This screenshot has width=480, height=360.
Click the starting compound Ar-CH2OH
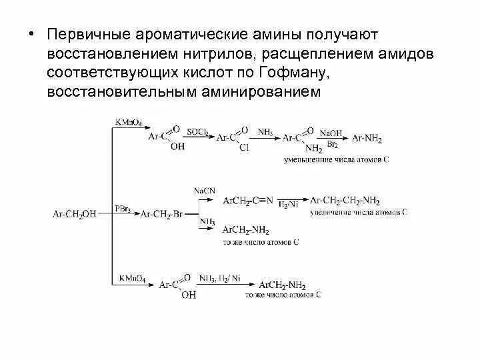coord(74,214)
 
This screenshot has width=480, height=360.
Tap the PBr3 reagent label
coord(123,209)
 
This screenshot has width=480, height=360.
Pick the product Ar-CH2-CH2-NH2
coord(345,200)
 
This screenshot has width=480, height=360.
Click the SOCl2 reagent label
coord(197,132)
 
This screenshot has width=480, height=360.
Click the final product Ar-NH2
coord(366,138)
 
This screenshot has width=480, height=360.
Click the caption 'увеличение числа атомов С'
coord(359,211)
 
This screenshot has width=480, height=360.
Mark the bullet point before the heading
coord(31,34)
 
